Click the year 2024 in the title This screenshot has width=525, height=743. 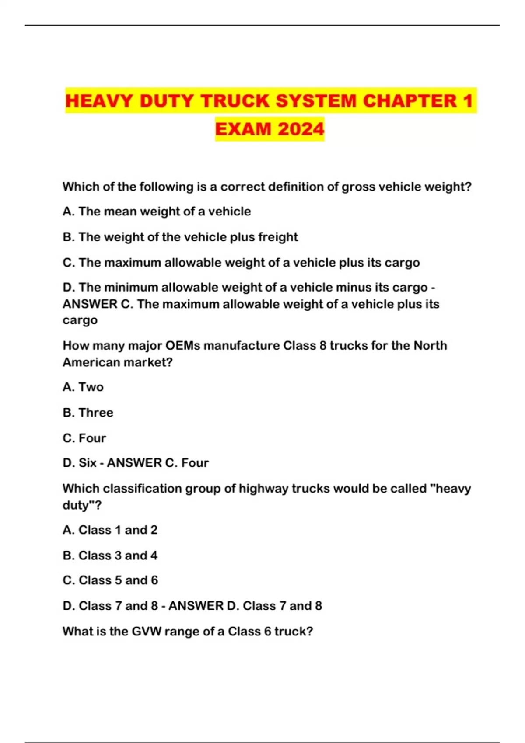(x=301, y=129)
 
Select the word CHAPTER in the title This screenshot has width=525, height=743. (x=409, y=101)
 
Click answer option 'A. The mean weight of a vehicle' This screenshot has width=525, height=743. (x=157, y=212)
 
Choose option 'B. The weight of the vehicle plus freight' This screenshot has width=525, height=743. (x=180, y=237)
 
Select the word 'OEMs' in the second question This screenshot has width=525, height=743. (x=182, y=346)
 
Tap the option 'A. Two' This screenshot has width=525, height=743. (x=83, y=387)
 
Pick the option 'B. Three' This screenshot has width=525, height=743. (x=88, y=413)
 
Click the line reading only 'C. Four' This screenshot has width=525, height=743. (x=84, y=438)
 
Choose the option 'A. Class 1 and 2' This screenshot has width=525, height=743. (x=110, y=530)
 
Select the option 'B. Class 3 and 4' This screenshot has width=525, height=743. (x=110, y=556)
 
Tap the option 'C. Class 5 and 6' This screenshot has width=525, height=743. (x=110, y=580)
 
